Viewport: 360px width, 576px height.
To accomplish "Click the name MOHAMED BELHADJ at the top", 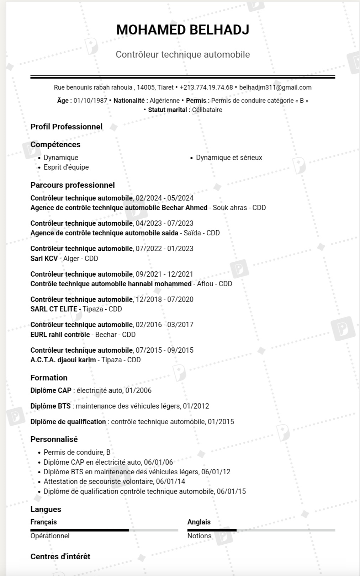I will coord(182,30).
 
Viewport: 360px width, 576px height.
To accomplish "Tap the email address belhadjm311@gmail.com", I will coord(275,87).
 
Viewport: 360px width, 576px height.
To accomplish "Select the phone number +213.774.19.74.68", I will coord(206,87).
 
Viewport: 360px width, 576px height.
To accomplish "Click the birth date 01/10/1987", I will coord(90,101).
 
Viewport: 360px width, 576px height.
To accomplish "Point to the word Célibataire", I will coord(207,110).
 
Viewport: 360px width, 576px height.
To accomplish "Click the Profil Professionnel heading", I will coord(67,127).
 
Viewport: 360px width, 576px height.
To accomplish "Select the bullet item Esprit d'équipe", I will coord(66,167).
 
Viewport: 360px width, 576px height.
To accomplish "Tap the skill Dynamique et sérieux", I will coord(229,158).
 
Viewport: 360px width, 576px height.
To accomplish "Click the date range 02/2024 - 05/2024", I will coord(165,198).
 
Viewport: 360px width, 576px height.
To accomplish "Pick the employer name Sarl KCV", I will coord(44,258).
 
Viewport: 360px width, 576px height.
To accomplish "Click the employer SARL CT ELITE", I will coord(54,309).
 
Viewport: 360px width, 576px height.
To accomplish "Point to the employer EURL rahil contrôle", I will coord(60,335).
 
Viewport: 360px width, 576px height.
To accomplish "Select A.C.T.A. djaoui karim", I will coord(63,360).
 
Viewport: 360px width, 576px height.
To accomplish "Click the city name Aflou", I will coord(205,284).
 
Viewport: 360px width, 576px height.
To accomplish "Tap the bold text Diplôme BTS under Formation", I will coord(51,406).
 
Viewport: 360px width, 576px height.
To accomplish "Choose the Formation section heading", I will coord(49,378).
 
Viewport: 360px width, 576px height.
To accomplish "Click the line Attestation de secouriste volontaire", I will coord(114,481).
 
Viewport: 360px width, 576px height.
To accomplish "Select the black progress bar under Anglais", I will coord(212,530).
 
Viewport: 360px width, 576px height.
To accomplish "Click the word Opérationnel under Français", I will coord(50,536).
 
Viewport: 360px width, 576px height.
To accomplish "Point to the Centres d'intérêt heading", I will coord(60,556).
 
